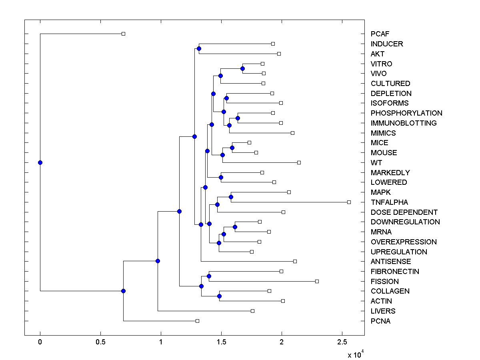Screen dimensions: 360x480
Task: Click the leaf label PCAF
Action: (380, 34)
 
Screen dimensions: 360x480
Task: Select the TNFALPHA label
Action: (389, 202)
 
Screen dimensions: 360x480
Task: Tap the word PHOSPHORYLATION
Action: (406, 113)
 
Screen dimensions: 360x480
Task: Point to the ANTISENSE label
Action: (391, 262)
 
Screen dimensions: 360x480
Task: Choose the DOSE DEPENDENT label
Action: (404, 212)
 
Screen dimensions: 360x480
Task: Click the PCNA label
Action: (380, 321)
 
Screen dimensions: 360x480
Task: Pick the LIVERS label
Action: (383, 311)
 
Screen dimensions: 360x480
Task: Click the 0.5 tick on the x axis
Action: (100, 342)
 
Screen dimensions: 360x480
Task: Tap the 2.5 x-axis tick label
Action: (342, 342)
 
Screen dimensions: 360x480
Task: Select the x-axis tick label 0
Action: (40, 342)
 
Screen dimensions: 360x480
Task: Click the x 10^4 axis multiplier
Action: (355, 354)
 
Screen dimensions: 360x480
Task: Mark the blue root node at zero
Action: (40, 162)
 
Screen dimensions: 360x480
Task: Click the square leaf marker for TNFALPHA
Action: (349, 202)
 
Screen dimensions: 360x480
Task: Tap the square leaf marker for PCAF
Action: (123, 34)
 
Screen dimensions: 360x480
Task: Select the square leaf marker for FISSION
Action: (317, 282)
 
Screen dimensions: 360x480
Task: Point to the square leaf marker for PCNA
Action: (197, 321)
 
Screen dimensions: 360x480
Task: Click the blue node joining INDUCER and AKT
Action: (199, 49)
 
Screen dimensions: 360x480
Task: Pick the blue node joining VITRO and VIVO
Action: (242, 69)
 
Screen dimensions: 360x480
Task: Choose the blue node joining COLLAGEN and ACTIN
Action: (219, 296)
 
